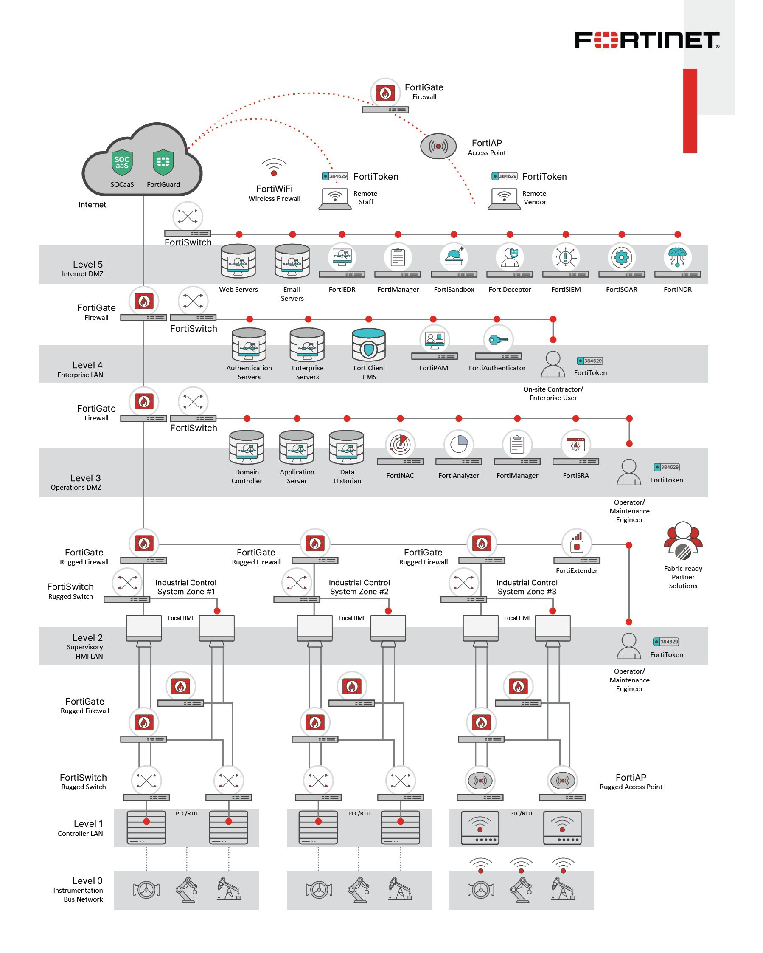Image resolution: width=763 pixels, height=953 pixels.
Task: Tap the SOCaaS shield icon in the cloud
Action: pos(122,162)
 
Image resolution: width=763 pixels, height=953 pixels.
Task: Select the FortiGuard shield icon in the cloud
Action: pos(163,162)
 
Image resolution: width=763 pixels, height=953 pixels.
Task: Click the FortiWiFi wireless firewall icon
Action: pos(274,168)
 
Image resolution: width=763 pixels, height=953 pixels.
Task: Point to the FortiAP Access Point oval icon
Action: pos(438,146)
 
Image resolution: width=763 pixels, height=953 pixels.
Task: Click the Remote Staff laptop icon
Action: pos(335,198)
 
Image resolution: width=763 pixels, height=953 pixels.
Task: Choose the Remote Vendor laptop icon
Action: pos(504,198)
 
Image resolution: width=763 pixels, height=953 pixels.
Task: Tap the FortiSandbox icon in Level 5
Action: pos(454,257)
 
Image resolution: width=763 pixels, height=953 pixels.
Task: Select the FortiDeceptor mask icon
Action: pos(510,257)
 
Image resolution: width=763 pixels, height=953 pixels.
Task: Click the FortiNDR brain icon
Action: pos(677,257)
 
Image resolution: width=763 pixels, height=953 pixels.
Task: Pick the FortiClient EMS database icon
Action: pos(369,345)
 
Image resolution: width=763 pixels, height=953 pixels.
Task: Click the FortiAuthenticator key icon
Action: pos(498,340)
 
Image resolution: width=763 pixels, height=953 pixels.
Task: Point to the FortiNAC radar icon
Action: pos(400,444)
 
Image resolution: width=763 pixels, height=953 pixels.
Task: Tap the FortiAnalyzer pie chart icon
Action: pos(459,444)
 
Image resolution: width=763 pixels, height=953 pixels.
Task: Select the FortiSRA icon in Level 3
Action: pos(575,444)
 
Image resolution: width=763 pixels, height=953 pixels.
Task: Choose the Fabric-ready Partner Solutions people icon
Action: pos(683,541)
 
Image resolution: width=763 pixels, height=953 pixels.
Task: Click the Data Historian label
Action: pos(347,476)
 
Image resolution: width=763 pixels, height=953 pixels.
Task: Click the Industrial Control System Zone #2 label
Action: pos(359,587)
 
